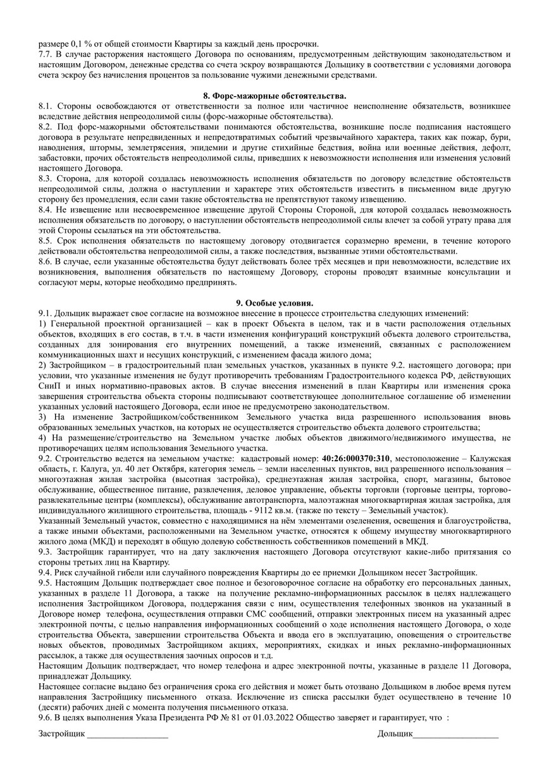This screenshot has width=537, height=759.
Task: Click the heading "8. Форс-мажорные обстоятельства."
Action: [268, 95]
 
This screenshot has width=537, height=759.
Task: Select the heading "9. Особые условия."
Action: [268, 303]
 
